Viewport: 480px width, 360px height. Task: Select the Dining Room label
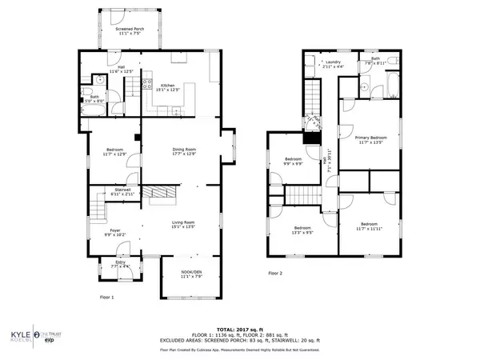185,151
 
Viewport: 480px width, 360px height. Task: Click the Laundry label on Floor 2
333,63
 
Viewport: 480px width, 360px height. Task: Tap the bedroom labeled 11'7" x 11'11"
368,226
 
